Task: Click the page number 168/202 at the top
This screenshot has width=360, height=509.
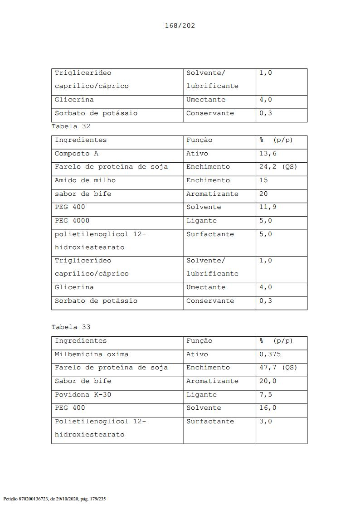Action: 180,25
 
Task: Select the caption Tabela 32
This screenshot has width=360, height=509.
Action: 71,126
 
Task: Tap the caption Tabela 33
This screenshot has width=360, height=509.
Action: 71,327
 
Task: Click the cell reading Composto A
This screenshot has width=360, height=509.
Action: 77,154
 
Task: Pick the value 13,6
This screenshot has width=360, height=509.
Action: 268,154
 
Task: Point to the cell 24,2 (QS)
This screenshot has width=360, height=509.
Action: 278,167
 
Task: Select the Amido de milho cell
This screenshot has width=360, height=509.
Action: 85,180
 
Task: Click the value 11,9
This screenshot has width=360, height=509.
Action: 268,207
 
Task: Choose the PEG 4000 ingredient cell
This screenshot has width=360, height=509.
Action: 72,221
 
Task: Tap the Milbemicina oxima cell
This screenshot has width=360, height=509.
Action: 92,354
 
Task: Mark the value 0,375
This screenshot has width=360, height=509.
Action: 270,354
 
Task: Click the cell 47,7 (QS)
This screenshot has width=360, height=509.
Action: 278,368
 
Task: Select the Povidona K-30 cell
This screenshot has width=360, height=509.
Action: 83,395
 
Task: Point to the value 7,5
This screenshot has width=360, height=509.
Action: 266,395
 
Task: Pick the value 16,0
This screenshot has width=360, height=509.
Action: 268,408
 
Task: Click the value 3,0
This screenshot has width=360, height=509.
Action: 266,422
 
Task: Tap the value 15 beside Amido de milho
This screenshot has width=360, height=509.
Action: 263,180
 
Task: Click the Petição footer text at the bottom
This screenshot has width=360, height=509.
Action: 54,499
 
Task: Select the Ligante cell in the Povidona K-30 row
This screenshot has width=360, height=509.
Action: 201,395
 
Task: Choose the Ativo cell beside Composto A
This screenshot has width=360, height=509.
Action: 197,154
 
